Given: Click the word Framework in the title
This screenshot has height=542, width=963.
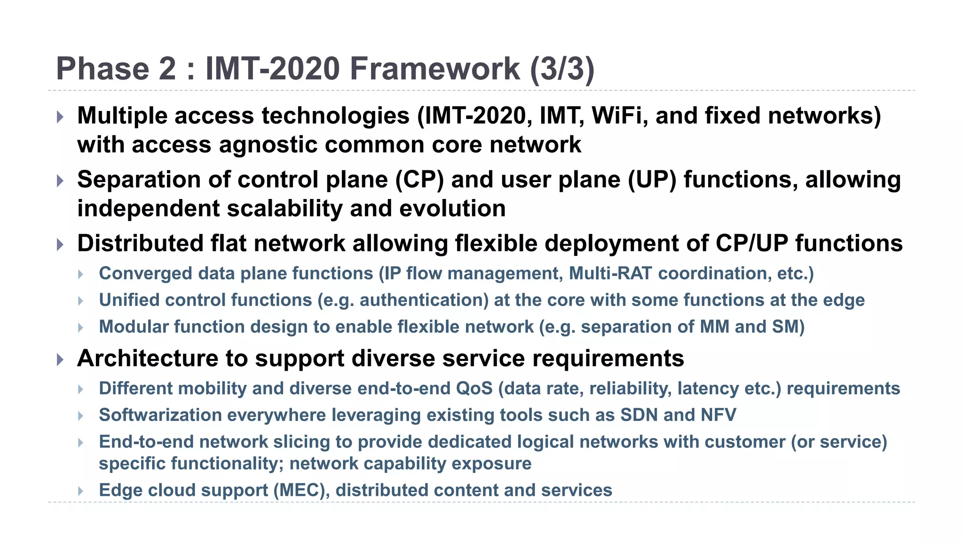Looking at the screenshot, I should [435, 69].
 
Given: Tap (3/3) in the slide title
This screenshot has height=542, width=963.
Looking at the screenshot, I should [562, 69].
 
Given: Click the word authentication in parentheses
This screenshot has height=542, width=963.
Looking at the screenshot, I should [424, 300].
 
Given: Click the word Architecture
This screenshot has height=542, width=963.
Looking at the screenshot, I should [148, 359].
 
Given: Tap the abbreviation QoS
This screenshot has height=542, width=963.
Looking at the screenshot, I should [474, 389].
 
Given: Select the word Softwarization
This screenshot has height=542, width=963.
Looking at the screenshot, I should [160, 415].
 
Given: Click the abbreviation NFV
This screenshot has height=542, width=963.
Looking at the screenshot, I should [718, 415].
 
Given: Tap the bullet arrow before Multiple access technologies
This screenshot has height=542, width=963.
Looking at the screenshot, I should [60, 117].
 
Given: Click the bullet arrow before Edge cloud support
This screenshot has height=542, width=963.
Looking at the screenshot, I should [81, 491].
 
